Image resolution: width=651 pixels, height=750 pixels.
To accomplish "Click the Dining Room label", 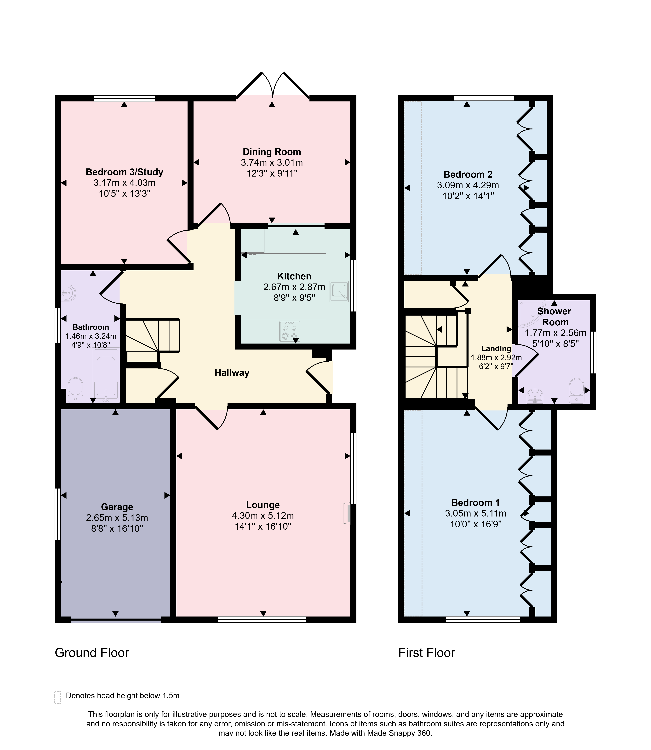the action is pos(272,152).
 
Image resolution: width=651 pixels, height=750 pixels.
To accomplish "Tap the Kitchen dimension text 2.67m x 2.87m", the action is pos(294,287).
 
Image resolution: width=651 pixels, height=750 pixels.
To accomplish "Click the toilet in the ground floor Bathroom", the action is pos(76,390).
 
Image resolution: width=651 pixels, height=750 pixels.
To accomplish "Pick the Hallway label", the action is pos(232,373).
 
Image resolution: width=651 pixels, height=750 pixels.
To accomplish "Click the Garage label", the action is pos(117,507).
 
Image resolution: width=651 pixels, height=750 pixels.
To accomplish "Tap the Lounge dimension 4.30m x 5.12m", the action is pos(263,516).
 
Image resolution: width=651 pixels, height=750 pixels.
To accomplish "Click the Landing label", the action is pos(496,349).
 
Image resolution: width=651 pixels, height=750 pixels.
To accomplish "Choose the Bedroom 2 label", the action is pos(468,174).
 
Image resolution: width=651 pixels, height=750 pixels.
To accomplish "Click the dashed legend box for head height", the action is pos(57,697).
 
